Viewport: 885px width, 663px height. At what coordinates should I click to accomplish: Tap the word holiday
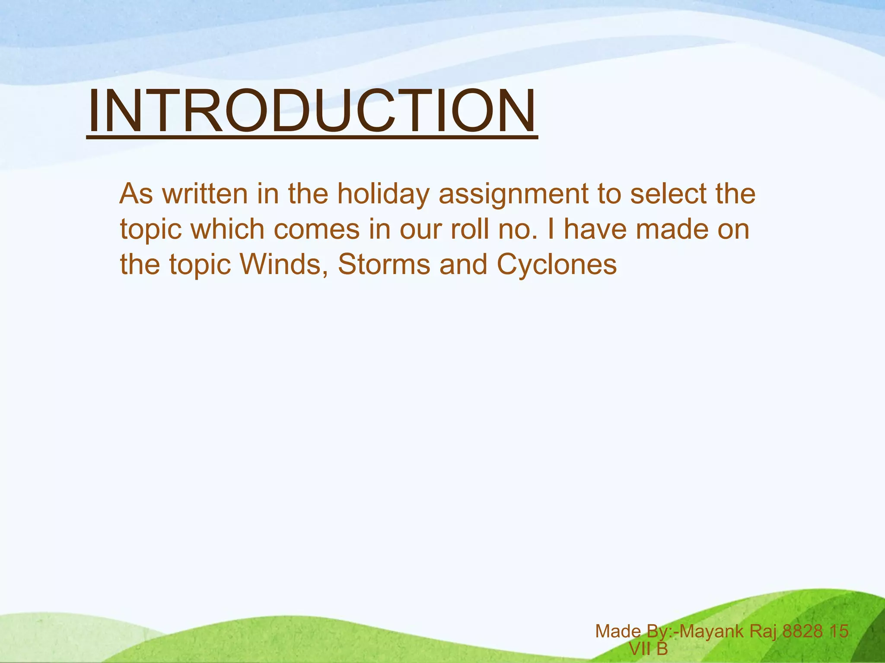point(383,194)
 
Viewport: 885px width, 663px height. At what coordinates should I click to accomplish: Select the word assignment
point(513,194)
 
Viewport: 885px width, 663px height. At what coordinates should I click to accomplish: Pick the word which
point(228,229)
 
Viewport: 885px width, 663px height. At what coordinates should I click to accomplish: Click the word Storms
point(384,264)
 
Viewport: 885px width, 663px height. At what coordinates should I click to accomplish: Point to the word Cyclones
point(557,264)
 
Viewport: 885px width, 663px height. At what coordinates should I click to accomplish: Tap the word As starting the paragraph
point(136,194)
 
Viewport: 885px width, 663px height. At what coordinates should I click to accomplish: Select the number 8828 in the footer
point(802,631)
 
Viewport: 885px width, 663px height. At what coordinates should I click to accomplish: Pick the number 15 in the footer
point(839,631)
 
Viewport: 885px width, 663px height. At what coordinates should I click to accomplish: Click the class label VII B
point(648,649)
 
